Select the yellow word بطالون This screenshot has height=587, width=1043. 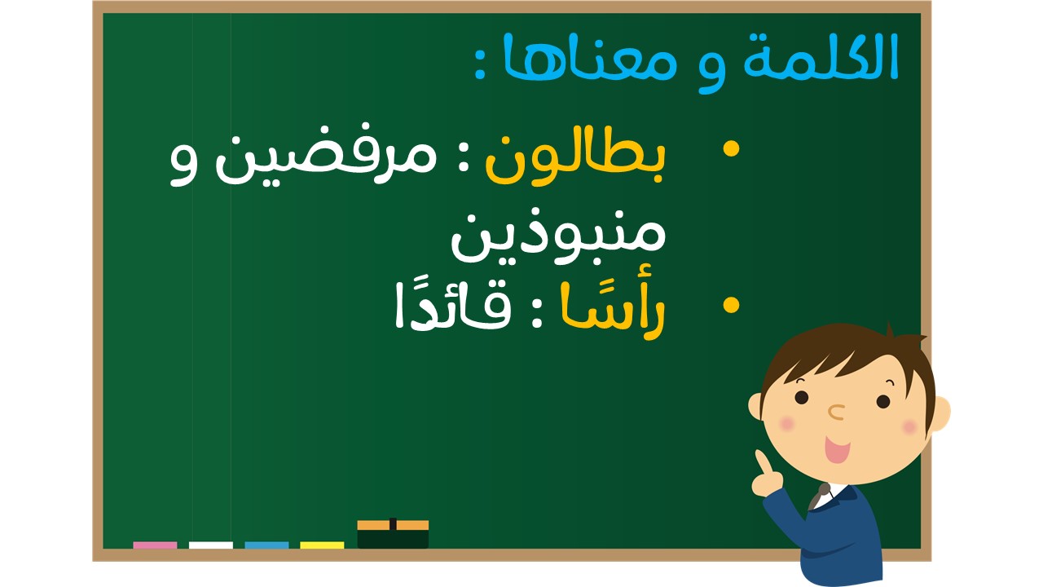[x=576, y=161]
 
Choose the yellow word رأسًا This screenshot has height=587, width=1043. [x=613, y=310]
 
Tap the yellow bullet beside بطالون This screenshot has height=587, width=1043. [x=731, y=149]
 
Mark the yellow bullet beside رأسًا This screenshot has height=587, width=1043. [x=731, y=305]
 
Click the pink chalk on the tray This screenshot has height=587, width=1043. [x=155, y=545]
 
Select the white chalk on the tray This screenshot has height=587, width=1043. [x=211, y=545]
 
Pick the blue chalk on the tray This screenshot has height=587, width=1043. [x=266, y=545]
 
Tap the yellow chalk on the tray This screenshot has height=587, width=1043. [x=322, y=545]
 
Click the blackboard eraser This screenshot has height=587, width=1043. [x=393, y=534]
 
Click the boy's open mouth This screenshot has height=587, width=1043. [x=837, y=449]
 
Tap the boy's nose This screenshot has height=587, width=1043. [x=836, y=412]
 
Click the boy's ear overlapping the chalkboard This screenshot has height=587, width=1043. [x=755, y=406]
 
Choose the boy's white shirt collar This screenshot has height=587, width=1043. [x=832, y=497]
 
